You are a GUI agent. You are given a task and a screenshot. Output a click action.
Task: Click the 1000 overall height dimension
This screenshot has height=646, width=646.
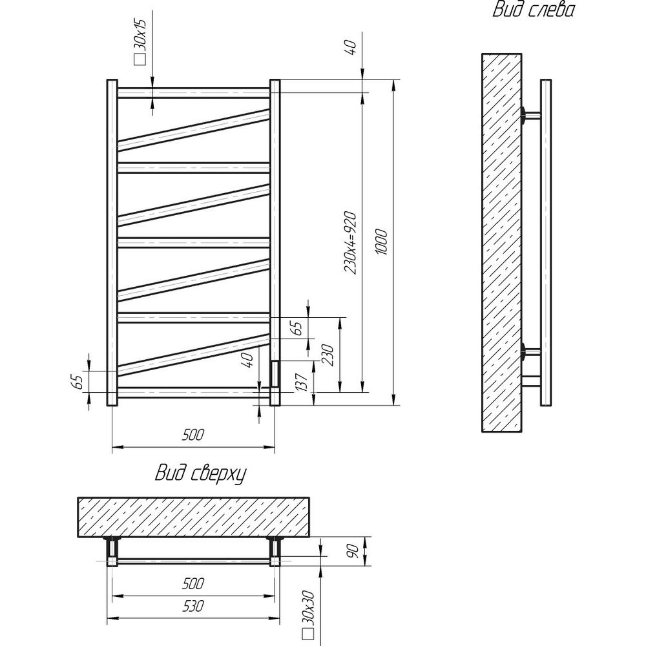point(382,242)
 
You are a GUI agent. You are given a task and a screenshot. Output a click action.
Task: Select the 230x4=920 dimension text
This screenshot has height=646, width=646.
point(350,243)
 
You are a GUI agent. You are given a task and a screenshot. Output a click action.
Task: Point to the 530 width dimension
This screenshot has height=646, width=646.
point(193,606)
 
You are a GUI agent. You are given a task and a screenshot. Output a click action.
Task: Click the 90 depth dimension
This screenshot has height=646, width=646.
point(354,551)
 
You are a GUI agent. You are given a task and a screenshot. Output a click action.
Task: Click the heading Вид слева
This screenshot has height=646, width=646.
point(533,10)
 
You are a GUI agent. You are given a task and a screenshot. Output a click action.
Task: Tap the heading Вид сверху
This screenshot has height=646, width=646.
point(200,474)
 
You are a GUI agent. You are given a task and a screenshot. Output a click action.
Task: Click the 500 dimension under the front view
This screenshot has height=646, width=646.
point(193,434)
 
